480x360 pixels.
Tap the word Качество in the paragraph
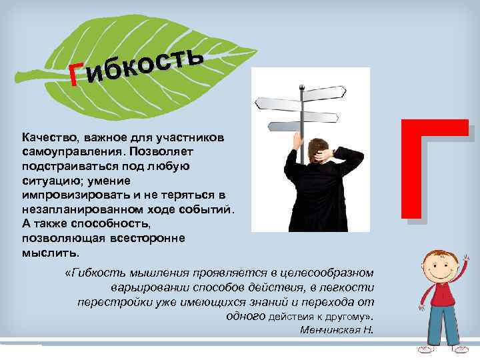click(46, 137)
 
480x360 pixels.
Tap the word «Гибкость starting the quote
click(94, 273)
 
